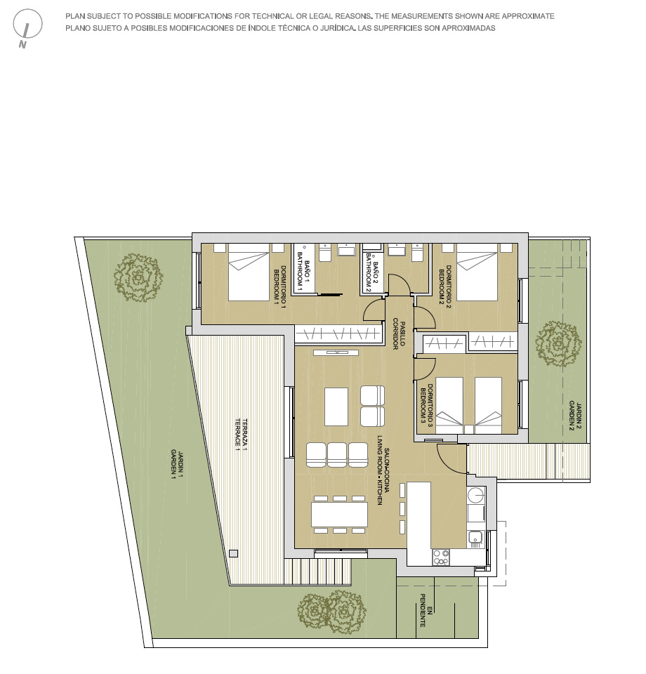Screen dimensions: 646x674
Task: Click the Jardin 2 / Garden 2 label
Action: pos(575,416)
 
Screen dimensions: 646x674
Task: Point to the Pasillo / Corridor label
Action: pos(400,335)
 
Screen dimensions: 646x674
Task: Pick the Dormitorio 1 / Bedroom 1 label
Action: pos(279,286)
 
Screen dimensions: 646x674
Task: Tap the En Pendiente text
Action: pos(426,610)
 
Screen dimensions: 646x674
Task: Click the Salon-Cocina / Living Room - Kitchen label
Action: pos(383,476)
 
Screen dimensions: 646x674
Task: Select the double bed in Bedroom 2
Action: pos(477,277)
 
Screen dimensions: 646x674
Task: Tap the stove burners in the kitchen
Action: pos(441,557)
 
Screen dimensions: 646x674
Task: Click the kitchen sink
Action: pos(475,538)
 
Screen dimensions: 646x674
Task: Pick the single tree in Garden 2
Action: pos(558,344)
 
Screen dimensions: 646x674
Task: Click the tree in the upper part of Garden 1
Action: pos(138,278)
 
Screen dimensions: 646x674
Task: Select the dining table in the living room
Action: pos(340,515)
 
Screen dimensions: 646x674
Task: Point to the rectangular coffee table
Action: pos(336,407)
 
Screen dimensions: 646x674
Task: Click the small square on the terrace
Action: pos(234,554)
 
